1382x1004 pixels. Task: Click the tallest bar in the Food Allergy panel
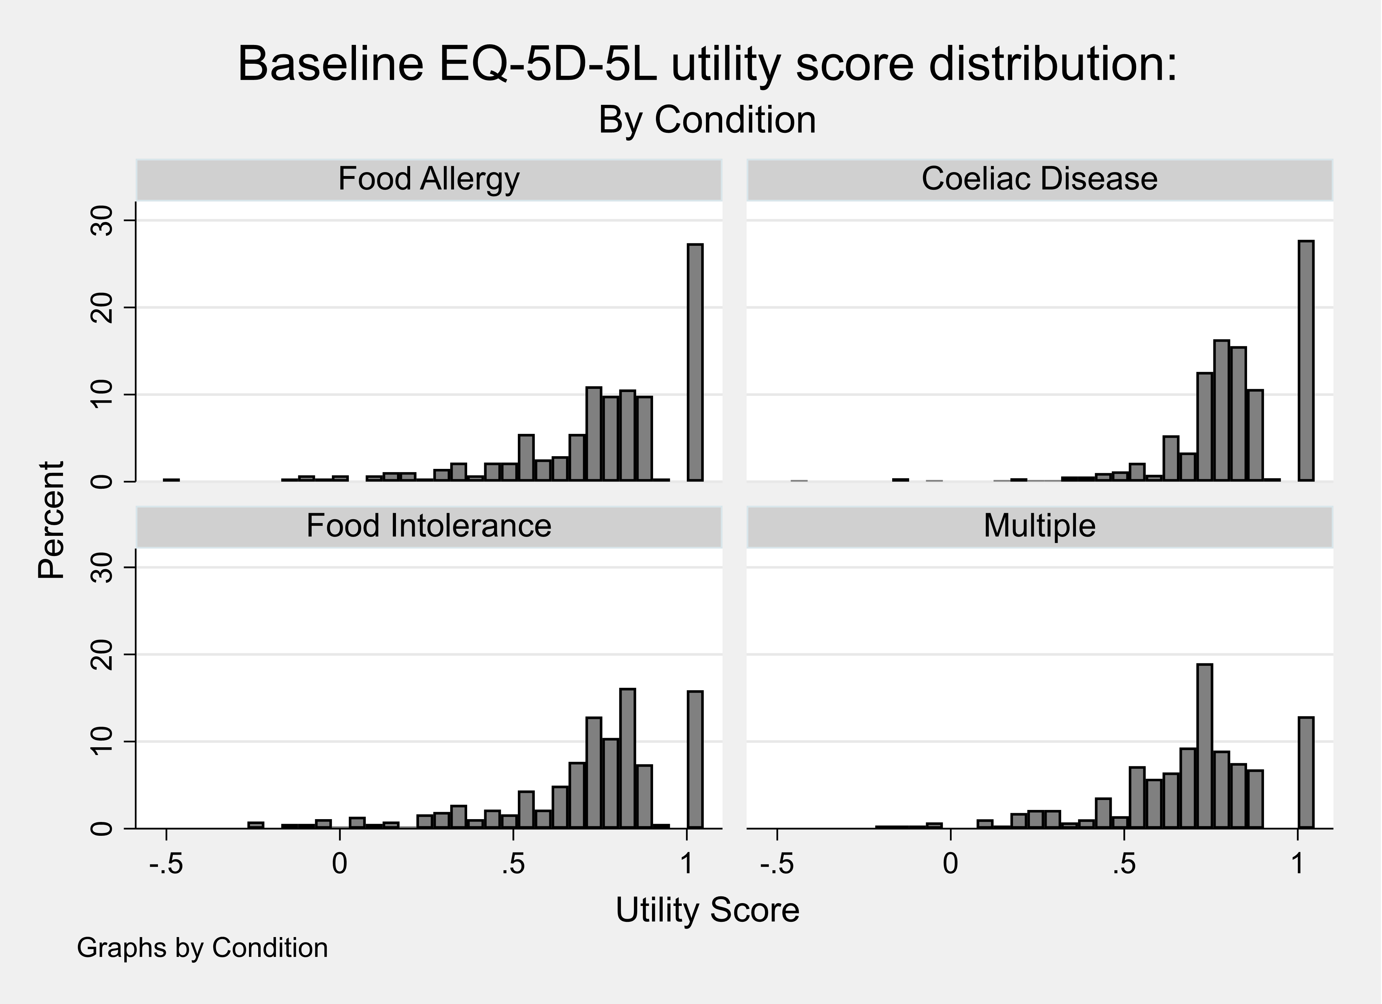[x=695, y=363]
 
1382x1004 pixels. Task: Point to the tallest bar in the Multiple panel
[x=1204, y=746]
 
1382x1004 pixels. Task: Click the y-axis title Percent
[x=51, y=520]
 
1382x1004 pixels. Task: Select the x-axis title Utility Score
[x=707, y=910]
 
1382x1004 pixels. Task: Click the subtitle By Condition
[x=707, y=120]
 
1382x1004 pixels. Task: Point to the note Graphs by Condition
[x=202, y=948]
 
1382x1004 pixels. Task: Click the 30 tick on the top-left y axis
[x=103, y=221]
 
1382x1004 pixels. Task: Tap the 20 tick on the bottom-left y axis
[x=103, y=655]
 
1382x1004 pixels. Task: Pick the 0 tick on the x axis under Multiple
[x=950, y=864]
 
